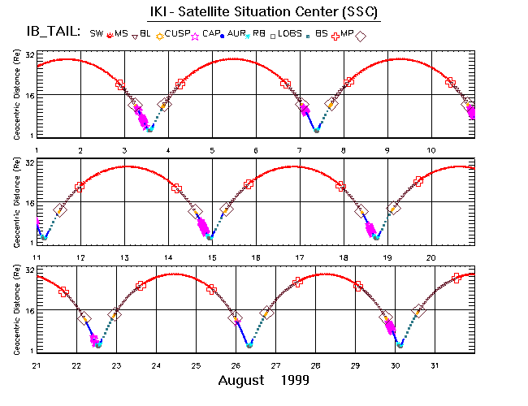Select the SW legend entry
[97, 33]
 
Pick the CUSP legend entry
[178, 33]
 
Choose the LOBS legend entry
[288, 33]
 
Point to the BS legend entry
[321, 33]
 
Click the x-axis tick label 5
[212, 151]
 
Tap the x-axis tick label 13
[124, 257]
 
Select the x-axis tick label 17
[300, 257]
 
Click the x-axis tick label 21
[37, 365]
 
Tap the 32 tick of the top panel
[28, 55]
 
